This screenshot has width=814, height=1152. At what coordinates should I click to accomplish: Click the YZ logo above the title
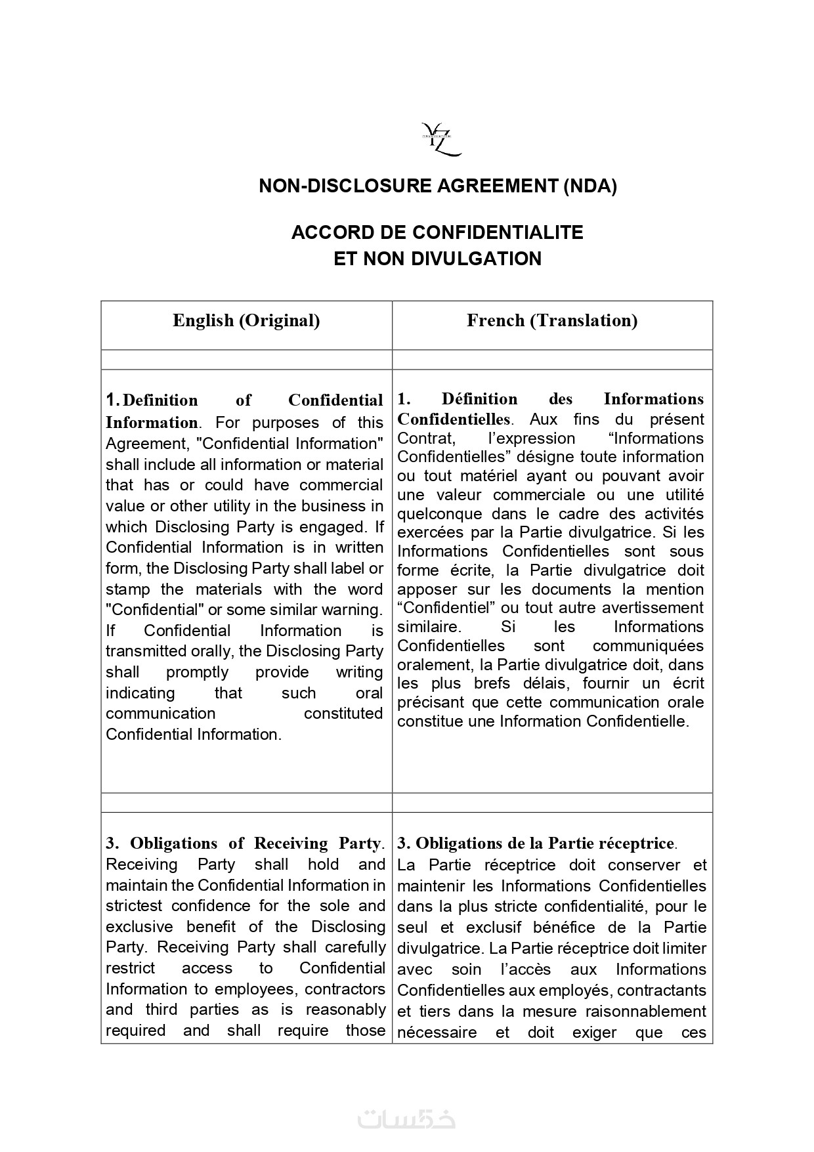[x=440, y=139]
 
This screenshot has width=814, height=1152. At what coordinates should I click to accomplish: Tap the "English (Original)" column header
[x=246, y=320]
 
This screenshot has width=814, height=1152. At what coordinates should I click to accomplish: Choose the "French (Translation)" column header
[x=552, y=320]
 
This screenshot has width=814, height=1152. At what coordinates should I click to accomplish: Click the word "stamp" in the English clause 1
[x=127, y=589]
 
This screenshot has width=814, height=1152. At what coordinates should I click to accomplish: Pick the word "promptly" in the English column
[x=197, y=672]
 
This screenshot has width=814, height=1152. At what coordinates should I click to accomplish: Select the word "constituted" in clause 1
[x=343, y=714]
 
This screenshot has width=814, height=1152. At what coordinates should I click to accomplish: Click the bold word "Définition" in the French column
[x=479, y=399]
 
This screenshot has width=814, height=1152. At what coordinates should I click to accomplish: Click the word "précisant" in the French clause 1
[x=430, y=702]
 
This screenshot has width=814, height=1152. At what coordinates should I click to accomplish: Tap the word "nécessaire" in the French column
[x=437, y=1033]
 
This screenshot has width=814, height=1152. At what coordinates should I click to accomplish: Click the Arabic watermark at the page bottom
[x=407, y=1119]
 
